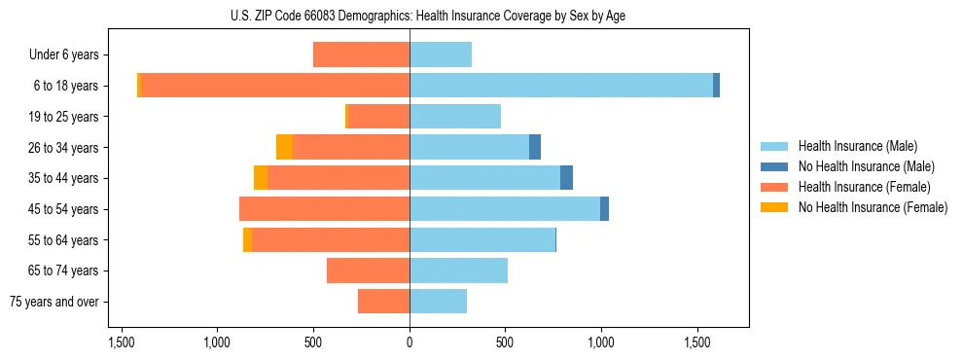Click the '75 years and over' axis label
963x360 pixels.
click(x=54, y=302)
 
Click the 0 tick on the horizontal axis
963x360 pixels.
click(x=410, y=343)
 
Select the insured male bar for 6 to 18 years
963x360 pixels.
click(x=561, y=86)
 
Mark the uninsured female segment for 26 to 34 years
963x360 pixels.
click(x=284, y=147)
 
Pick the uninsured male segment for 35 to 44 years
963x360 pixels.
click(x=566, y=178)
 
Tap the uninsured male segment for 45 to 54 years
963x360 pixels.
click(x=604, y=209)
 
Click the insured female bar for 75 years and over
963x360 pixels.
click(x=383, y=302)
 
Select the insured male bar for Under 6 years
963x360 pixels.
click(x=441, y=55)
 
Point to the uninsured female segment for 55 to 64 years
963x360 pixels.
click(x=248, y=239)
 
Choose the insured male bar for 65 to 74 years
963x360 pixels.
click(x=458, y=270)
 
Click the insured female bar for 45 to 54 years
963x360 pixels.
click(x=324, y=209)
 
